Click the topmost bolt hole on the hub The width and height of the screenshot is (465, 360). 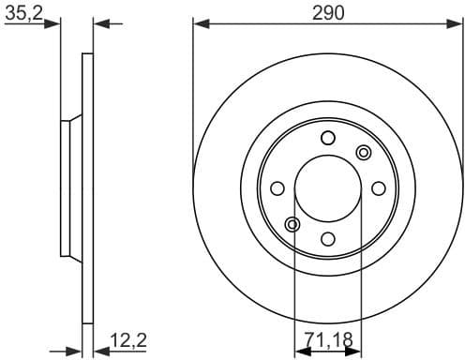(327, 139)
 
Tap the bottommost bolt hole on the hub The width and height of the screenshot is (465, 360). (327, 238)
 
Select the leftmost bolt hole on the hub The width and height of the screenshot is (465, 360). (277, 188)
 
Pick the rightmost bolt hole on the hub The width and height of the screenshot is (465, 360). (378, 188)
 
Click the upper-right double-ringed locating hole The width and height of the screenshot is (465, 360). (364, 152)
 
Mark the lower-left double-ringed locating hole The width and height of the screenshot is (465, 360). (292, 224)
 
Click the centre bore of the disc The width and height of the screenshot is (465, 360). (327, 188)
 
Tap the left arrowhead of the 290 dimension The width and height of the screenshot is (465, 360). (199, 22)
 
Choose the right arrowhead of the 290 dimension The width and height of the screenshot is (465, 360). (457, 22)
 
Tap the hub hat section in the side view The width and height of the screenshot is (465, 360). (67, 187)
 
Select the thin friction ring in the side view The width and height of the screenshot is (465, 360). (88, 187)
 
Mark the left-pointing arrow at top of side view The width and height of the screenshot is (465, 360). (102, 22)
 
